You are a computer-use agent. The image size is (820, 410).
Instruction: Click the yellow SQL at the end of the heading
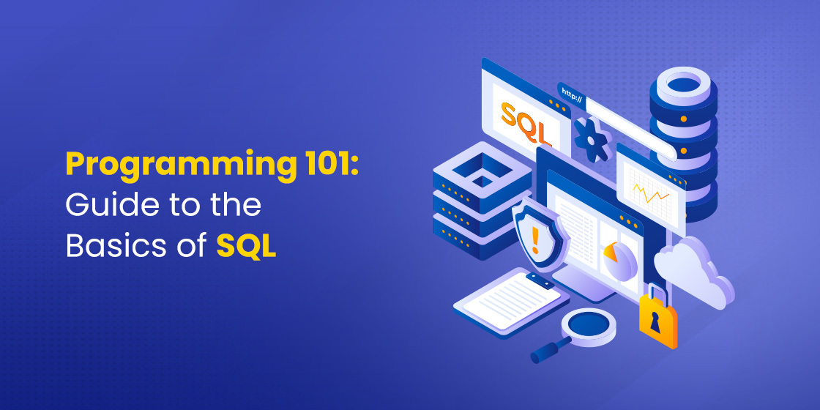click(x=247, y=247)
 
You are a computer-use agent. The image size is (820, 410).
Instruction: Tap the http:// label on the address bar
click(x=570, y=93)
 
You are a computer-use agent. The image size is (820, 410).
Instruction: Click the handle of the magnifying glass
click(x=551, y=351)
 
